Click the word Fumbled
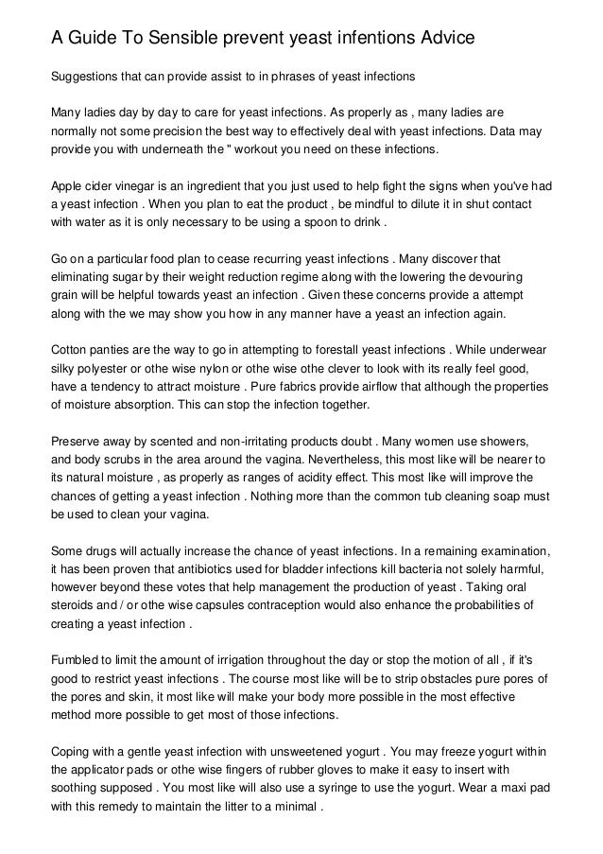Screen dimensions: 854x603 [76, 659]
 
